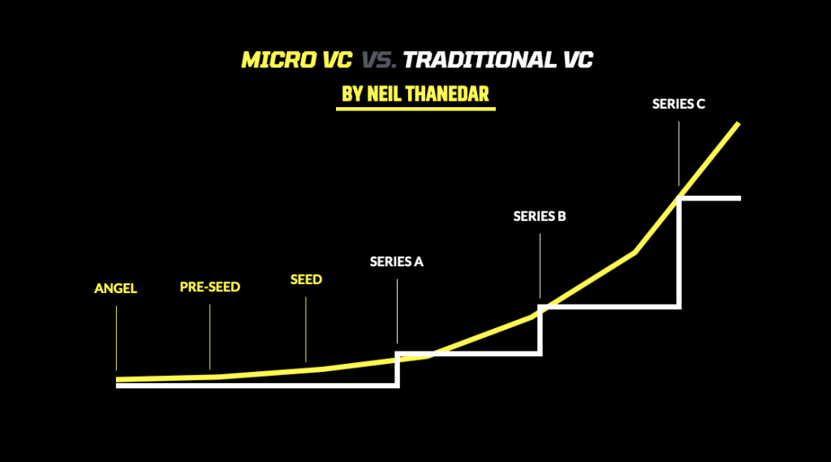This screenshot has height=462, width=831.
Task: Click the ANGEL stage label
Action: (x=115, y=289)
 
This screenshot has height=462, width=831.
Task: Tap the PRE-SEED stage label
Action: (x=209, y=287)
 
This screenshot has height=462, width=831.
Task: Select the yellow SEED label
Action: (x=306, y=279)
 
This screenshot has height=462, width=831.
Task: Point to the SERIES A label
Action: (x=397, y=261)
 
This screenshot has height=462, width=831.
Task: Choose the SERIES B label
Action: (x=540, y=217)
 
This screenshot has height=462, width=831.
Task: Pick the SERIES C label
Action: (x=678, y=104)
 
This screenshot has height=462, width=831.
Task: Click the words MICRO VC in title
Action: (x=297, y=61)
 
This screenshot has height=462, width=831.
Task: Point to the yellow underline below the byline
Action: (x=415, y=109)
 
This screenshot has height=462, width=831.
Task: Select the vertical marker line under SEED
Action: (x=306, y=329)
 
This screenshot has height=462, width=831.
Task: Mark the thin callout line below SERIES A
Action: (x=397, y=310)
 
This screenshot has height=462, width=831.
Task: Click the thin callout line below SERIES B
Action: (x=540, y=266)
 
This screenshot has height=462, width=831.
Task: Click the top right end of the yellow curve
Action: (x=738, y=123)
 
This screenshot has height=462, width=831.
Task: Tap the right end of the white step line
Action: (x=738, y=198)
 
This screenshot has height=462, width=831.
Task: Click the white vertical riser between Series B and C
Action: (x=679, y=253)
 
